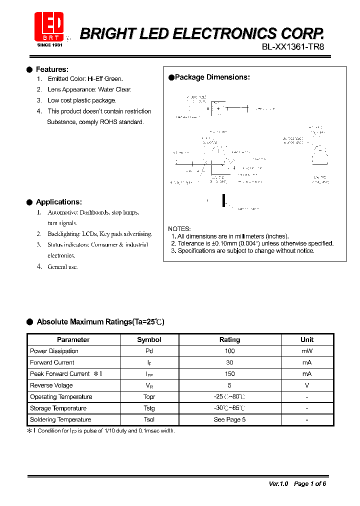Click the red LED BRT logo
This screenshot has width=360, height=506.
[48, 27]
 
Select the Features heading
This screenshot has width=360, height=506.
[52, 69]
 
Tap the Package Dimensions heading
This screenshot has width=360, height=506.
[212, 77]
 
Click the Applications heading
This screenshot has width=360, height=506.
[58, 202]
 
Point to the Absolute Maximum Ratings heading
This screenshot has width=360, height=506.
[100, 322]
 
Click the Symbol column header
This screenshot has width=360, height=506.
[149, 339]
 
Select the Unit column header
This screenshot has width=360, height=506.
[306, 339]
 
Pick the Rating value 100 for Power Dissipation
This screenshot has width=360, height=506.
[229, 351]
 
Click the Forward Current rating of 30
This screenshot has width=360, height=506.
[229, 362]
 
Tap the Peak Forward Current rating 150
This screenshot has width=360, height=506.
[229, 374]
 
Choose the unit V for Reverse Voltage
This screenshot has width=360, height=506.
[306, 385]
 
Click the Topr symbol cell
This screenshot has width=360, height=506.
[149, 397]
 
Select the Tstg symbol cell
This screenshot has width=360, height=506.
[149, 408]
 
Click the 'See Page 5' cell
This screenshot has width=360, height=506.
[229, 419]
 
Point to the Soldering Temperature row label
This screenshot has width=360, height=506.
[60, 419]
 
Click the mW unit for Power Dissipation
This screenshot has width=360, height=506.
[306, 351]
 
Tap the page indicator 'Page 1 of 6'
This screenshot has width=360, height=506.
[310, 483]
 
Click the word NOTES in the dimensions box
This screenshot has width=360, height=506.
[179, 229]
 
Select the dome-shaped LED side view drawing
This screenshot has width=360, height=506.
[319, 155]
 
